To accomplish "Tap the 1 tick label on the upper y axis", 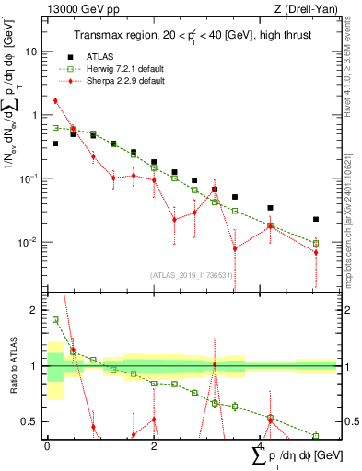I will pyautogui.click(x=36, y=115).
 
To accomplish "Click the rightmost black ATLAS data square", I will pyautogui.click(x=316, y=219).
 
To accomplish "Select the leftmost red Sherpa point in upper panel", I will pyautogui.click(x=55, y=100).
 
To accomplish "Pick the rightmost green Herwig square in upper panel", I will pyautogui.click(x=316, y=244).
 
